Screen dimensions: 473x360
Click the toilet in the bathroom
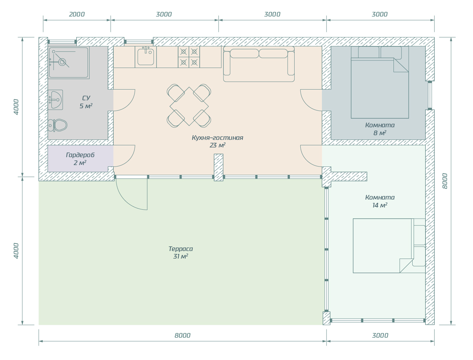(57, 125)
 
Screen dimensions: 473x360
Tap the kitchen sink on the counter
(146, 57)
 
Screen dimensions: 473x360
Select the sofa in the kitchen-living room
(259, 64)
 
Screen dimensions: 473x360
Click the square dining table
(189, 106)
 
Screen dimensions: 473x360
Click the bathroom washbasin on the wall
(55, 100)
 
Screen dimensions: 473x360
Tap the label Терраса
(181, 249)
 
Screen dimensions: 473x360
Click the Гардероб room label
(80, 155)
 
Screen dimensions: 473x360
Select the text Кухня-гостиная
(217, 138)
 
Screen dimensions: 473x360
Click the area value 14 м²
(380, 205)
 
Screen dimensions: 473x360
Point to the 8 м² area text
(380, 133)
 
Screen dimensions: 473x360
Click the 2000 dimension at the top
(77, 14)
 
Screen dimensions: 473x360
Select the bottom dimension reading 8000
(182, 335)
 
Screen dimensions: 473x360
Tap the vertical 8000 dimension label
(445, 181)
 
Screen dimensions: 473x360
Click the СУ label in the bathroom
(86, 98)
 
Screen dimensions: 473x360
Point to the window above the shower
(62, 42)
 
